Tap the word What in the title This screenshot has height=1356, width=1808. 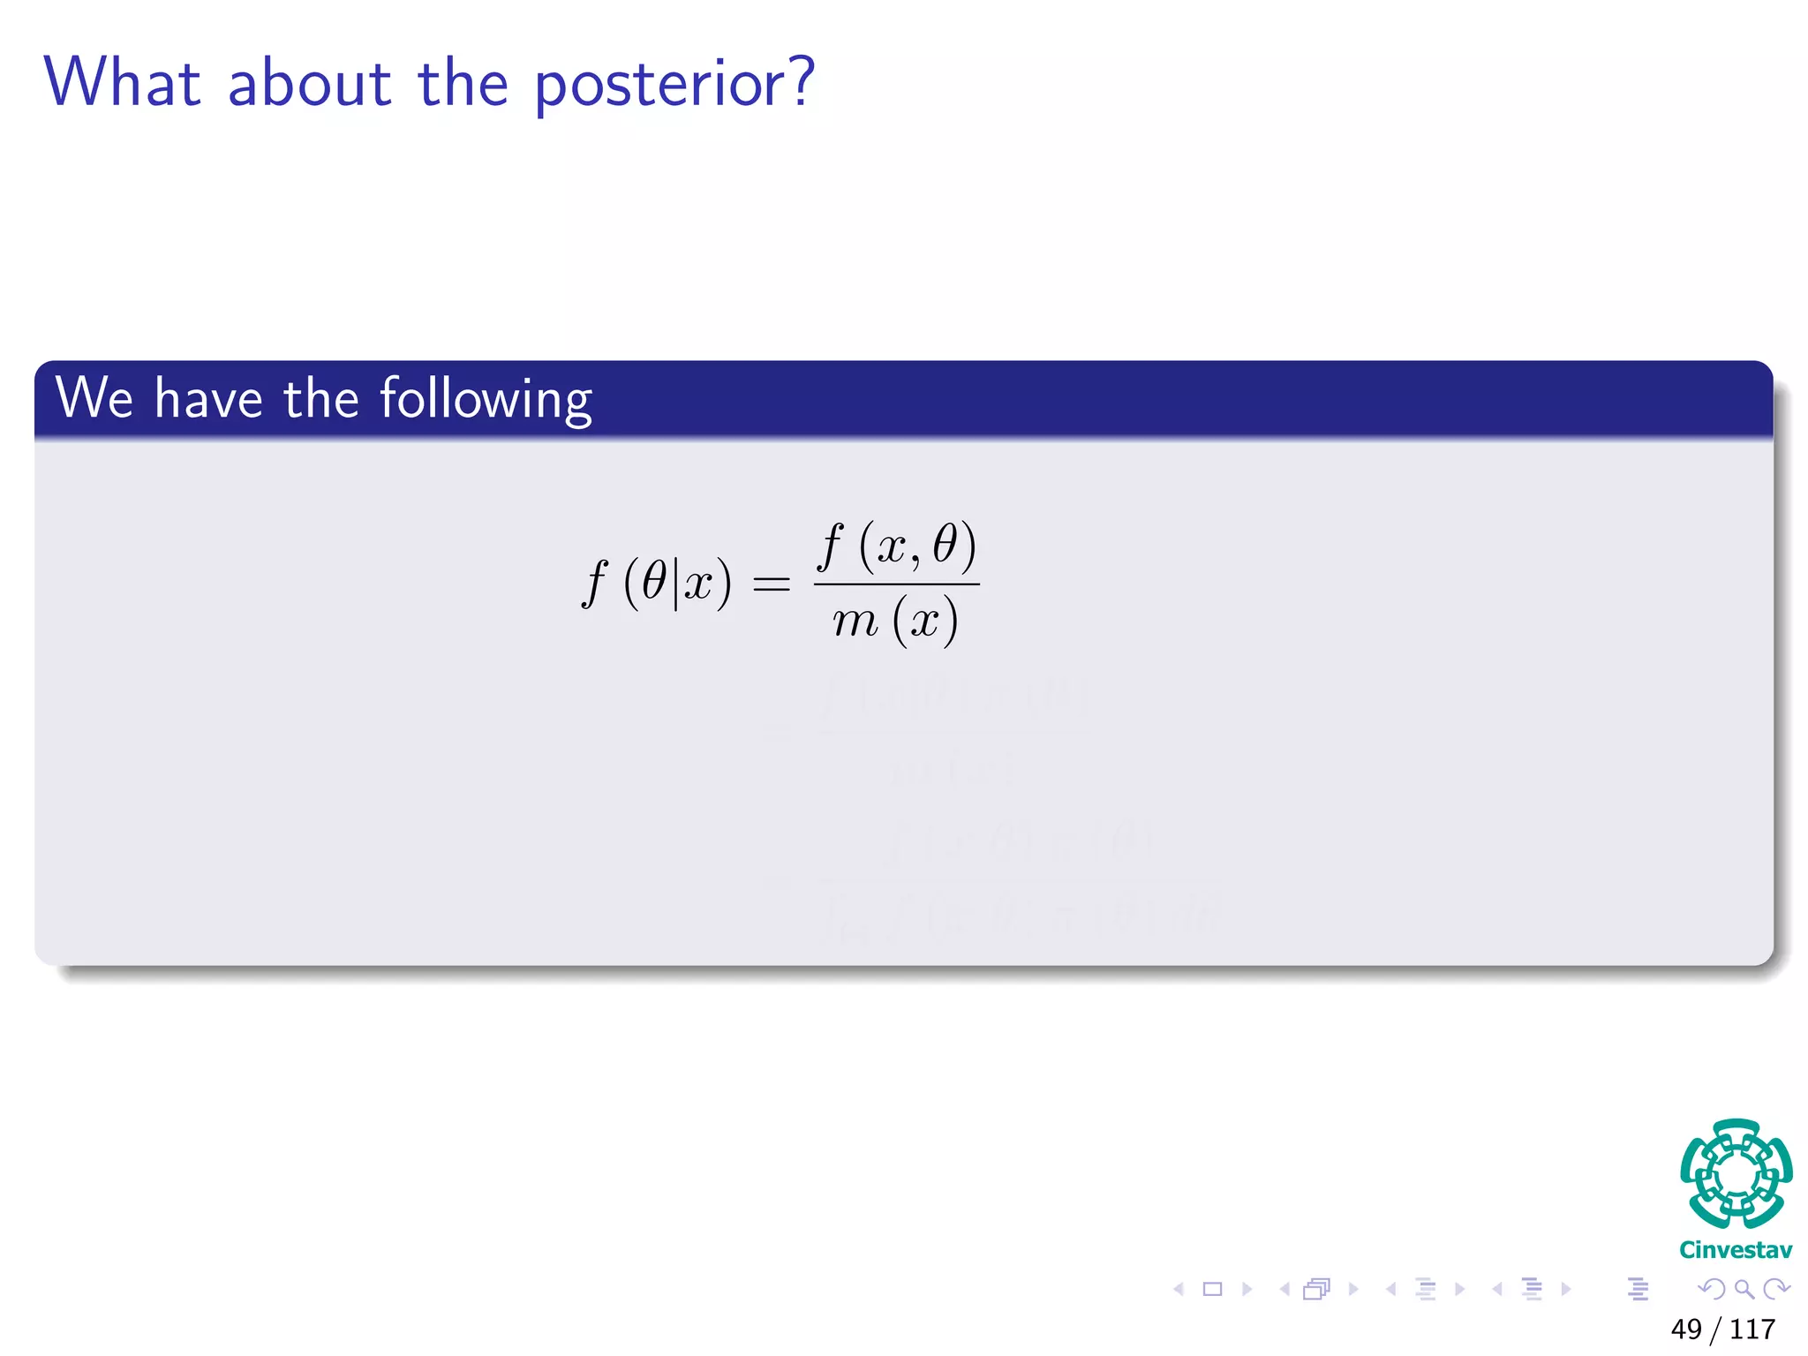[123, 82]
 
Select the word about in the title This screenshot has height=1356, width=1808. [309, 84]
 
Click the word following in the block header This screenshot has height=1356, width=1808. [486, 399]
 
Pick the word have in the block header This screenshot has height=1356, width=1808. [208, 398]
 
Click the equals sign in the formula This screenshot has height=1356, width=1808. [771, 584]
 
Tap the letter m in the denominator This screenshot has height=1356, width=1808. [855, 621]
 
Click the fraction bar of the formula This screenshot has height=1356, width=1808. [896, 584]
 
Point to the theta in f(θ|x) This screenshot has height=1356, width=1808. [654, 582]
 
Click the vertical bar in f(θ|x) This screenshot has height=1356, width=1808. [676, 584]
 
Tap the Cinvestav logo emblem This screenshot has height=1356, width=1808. [1736, 1174]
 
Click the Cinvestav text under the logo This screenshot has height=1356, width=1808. [1736, 1250]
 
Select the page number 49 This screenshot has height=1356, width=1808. [1686, 1329]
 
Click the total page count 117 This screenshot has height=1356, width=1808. [1752, 1329]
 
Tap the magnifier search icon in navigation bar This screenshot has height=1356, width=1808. [1744, 1290]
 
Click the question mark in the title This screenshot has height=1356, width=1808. [800, 82]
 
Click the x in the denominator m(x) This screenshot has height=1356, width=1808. [924, 621]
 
